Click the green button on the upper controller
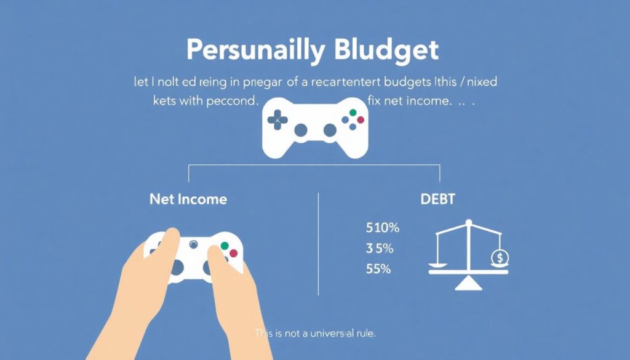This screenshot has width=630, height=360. [x=353, y=113]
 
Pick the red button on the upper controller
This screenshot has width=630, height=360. [x=361, y=119]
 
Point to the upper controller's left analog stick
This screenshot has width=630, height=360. [x=301, y=130]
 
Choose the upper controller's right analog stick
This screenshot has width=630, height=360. [x=330, y=130]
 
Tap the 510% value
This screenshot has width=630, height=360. [x=383, y=228]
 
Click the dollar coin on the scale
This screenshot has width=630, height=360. [x=500, y=257]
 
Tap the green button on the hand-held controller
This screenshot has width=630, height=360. [x=225, y=246]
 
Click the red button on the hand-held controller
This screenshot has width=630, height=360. [x=234, y=254]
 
